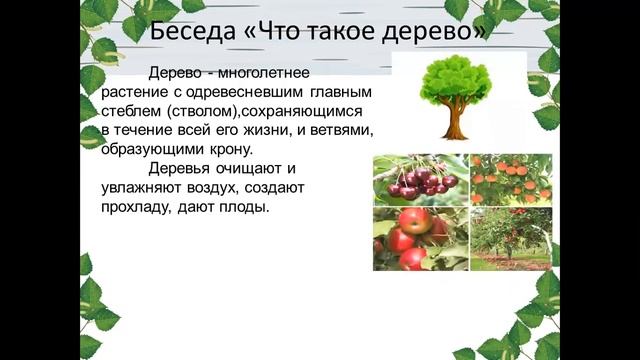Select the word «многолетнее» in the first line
click(266, 74)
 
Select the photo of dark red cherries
click(420, 179)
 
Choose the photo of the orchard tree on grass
click(511, 239)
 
